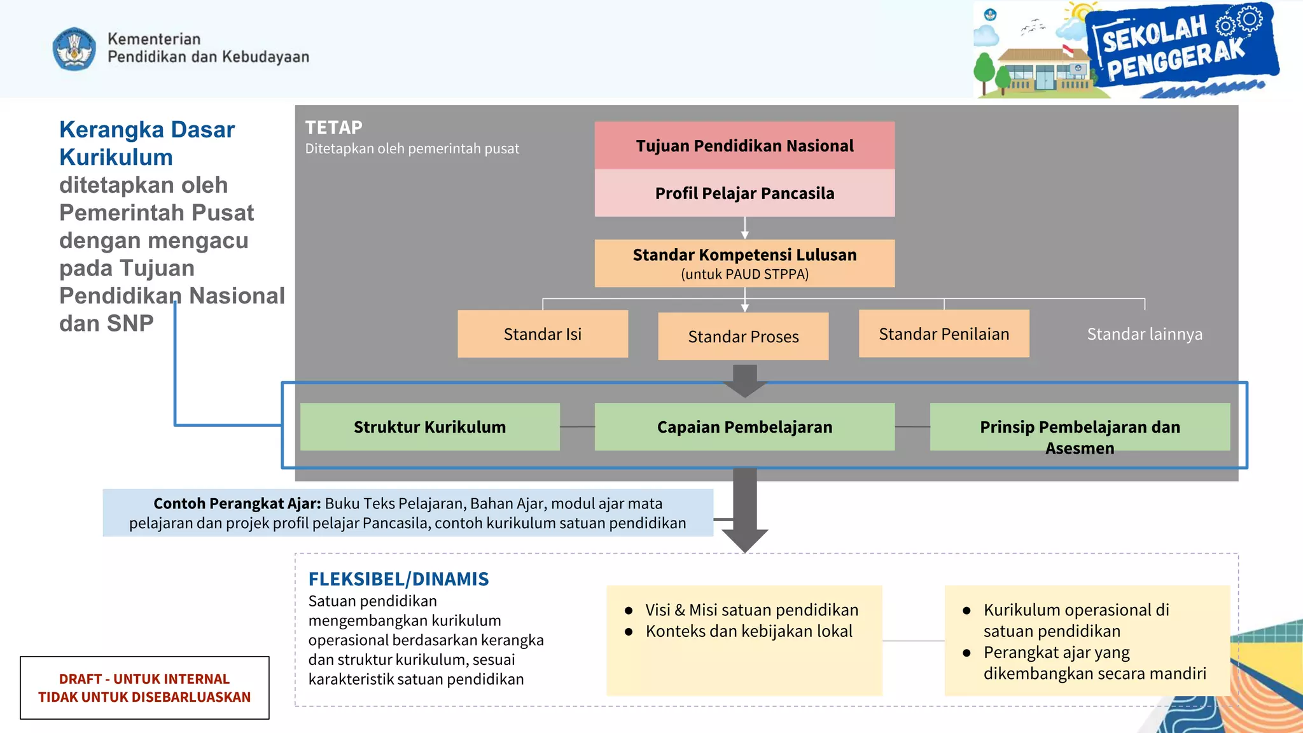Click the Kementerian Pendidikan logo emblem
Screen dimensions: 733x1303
[74, 49]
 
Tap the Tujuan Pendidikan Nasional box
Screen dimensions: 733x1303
[744, 146]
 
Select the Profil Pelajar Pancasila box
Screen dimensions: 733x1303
[744, 193]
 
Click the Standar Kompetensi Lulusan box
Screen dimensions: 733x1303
[744, 263]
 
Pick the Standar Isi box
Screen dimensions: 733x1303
[542, 334]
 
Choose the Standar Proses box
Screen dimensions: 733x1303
[743, 337]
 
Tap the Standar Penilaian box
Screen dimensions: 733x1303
[944, 334]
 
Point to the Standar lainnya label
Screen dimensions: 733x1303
[1144, 334]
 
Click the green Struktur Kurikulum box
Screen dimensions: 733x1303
[429, 427]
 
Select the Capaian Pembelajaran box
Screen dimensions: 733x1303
[744, 427]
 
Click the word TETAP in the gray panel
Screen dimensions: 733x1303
[333, 128]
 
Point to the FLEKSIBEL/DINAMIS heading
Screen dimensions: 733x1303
[398, 579]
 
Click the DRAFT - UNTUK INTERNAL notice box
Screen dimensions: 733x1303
[144, 688]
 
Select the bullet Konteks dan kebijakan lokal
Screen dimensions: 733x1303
[749, 631]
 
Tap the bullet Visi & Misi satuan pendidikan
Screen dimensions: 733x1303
[751, 610]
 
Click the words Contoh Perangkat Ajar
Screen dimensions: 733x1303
[237, 503]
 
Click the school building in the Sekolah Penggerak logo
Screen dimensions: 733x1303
[1043, 71]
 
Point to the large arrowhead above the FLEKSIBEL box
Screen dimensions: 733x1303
[745, 540]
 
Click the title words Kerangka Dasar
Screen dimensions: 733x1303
[147, 130]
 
